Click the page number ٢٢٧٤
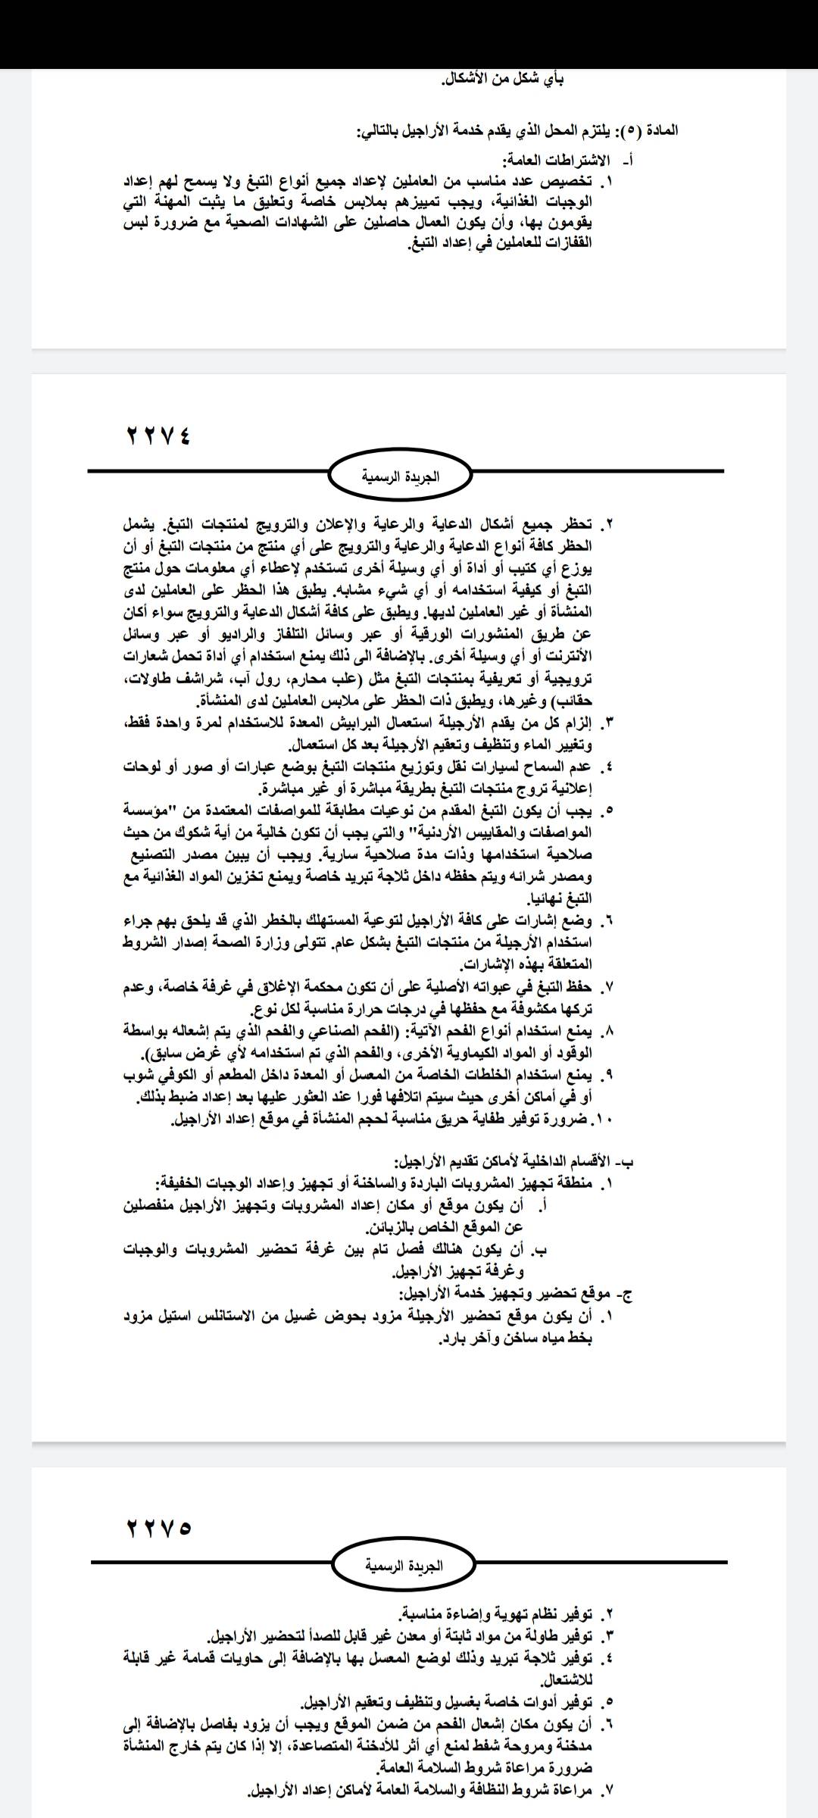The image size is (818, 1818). point(158,437)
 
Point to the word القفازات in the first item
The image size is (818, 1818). point(564,244)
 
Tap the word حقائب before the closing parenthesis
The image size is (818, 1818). point(576,701)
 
